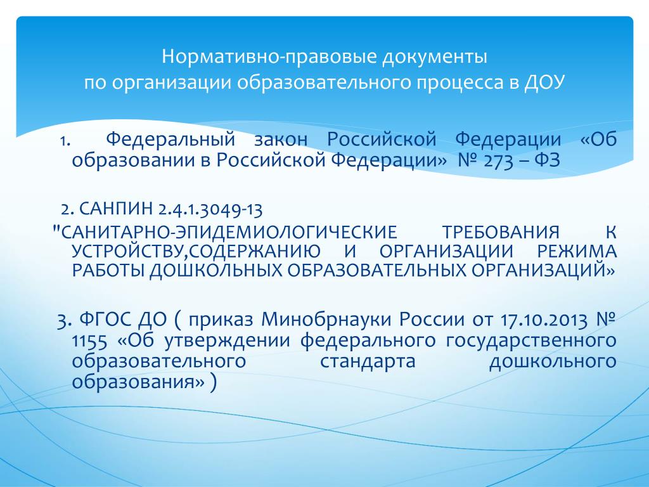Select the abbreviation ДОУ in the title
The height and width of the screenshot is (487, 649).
(544, 82)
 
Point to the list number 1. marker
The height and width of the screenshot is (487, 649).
(65, 141)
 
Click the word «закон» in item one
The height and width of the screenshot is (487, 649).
(281, 140)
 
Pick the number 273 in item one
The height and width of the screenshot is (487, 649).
(498, 160)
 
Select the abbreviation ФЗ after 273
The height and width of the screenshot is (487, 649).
(547, 160)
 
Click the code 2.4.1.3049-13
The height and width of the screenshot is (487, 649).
(210, 209)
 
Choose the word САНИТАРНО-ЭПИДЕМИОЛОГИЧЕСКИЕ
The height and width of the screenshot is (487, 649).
(228, 232)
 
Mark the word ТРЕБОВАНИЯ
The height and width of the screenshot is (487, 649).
(501, 232)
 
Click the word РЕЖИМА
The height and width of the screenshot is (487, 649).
(577, 251)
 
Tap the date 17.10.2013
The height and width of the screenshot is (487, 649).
(543, 320)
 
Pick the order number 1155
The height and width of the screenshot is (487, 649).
(89, 341)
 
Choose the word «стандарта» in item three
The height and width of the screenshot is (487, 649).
(368, 361)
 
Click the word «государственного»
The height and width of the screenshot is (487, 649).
(531, 341)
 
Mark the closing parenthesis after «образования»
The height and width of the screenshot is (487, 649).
(213, 382)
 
